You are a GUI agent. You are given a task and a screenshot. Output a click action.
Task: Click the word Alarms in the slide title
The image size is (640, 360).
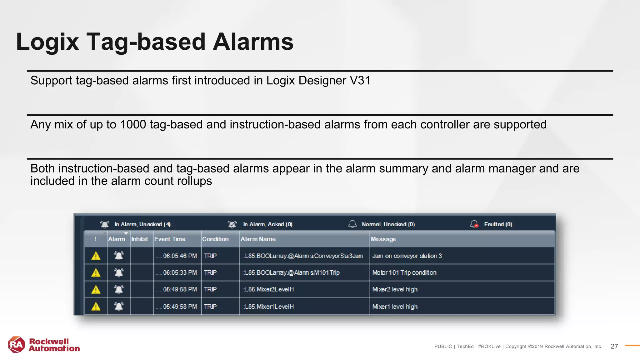click(x=253, y=42)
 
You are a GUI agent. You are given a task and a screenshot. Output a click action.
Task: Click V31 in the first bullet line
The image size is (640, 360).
click(x=360, y=81)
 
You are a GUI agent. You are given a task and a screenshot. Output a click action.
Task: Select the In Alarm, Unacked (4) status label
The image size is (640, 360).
click(x=142, y=224)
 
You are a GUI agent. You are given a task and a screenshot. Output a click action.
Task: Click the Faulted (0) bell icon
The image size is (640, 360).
click(x=474, y=224)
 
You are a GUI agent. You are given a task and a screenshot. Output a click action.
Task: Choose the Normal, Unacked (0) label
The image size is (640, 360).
click(x=388, y=224)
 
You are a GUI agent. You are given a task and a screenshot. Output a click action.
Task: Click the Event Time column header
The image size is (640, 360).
click(x=170, y=239)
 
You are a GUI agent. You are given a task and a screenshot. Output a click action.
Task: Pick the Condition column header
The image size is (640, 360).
click(x=215, y=239)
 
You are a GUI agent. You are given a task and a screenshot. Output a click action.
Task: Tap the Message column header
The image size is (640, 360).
click(x=383, y=239)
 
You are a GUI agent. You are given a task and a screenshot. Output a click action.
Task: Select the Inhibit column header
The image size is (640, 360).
click(x=140, y=239)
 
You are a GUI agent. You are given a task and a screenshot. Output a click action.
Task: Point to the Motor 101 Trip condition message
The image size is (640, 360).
click(x=404, y=272)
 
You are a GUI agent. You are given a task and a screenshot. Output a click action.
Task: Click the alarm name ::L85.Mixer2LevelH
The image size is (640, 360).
click(x=268, y=289)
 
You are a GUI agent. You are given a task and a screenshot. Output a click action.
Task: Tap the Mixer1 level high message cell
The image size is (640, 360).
click(x=395, y=307)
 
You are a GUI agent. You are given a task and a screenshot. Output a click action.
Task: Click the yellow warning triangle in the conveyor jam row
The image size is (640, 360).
click(x=96, y=256)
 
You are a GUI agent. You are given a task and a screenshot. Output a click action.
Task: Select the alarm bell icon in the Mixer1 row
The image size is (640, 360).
click(x=119, y=306)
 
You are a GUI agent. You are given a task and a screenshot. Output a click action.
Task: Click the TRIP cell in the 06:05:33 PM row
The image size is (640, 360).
click(x=210, y=272)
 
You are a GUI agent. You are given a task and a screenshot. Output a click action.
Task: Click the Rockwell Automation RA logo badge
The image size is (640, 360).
click(x=16, y=345)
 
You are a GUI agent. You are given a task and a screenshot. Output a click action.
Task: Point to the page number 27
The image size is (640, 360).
click(x=614, y=346)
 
